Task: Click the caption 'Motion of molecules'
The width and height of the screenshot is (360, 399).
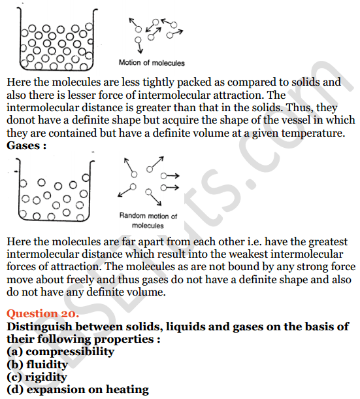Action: pos(152,63)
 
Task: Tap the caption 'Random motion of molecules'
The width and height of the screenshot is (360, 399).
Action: pos(148,220)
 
